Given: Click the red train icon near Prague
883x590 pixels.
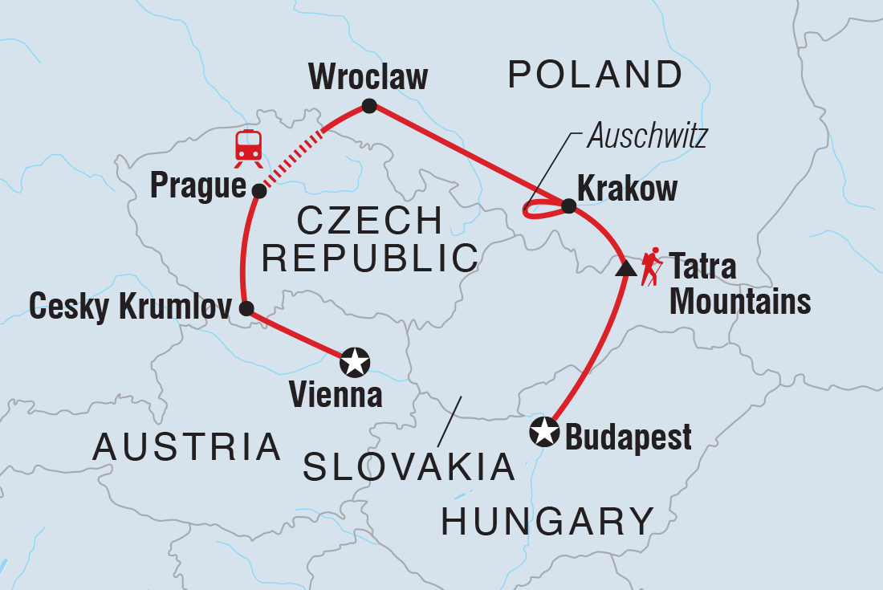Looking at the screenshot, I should (248, 148).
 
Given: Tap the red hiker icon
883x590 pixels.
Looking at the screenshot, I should (650, 267).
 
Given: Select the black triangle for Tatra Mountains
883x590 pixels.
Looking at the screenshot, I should (625, 269).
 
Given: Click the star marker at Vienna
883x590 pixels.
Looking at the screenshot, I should (354, 363).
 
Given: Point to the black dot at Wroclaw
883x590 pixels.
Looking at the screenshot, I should (369, 105).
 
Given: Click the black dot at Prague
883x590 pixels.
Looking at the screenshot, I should (258, 191).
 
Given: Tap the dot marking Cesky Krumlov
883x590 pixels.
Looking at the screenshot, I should (247, 307).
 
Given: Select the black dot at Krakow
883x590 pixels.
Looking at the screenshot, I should (568, 206).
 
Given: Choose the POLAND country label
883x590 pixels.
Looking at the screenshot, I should (595, 75).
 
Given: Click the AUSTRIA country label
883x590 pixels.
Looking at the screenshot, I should (187, 447).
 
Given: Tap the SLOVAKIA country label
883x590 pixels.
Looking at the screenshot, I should (409, 467).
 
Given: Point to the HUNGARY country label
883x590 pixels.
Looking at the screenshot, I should (548, 521).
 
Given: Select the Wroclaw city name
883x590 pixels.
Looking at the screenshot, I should (368, 78).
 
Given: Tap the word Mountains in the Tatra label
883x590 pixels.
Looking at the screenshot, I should (739, 302).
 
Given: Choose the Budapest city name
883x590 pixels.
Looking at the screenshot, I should (629, 438).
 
